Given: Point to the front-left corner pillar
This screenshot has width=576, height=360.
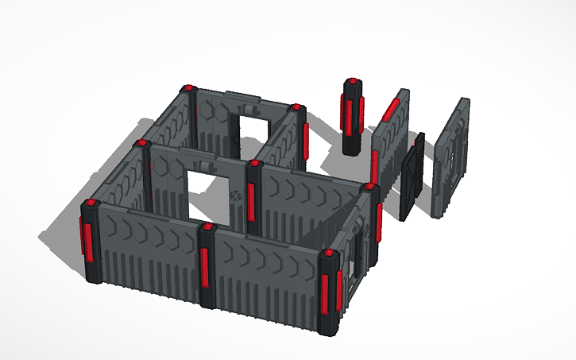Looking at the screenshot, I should point(89,242).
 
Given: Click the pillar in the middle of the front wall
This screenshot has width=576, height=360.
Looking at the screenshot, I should point(207,266).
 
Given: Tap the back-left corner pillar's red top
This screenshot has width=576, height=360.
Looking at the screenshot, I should point(188,88).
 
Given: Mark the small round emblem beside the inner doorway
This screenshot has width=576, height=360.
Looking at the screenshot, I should point(235,194).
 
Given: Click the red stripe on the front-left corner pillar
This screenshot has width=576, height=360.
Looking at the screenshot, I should point(85,239).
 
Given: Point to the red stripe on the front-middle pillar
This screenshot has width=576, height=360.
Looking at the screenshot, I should point(205,266).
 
